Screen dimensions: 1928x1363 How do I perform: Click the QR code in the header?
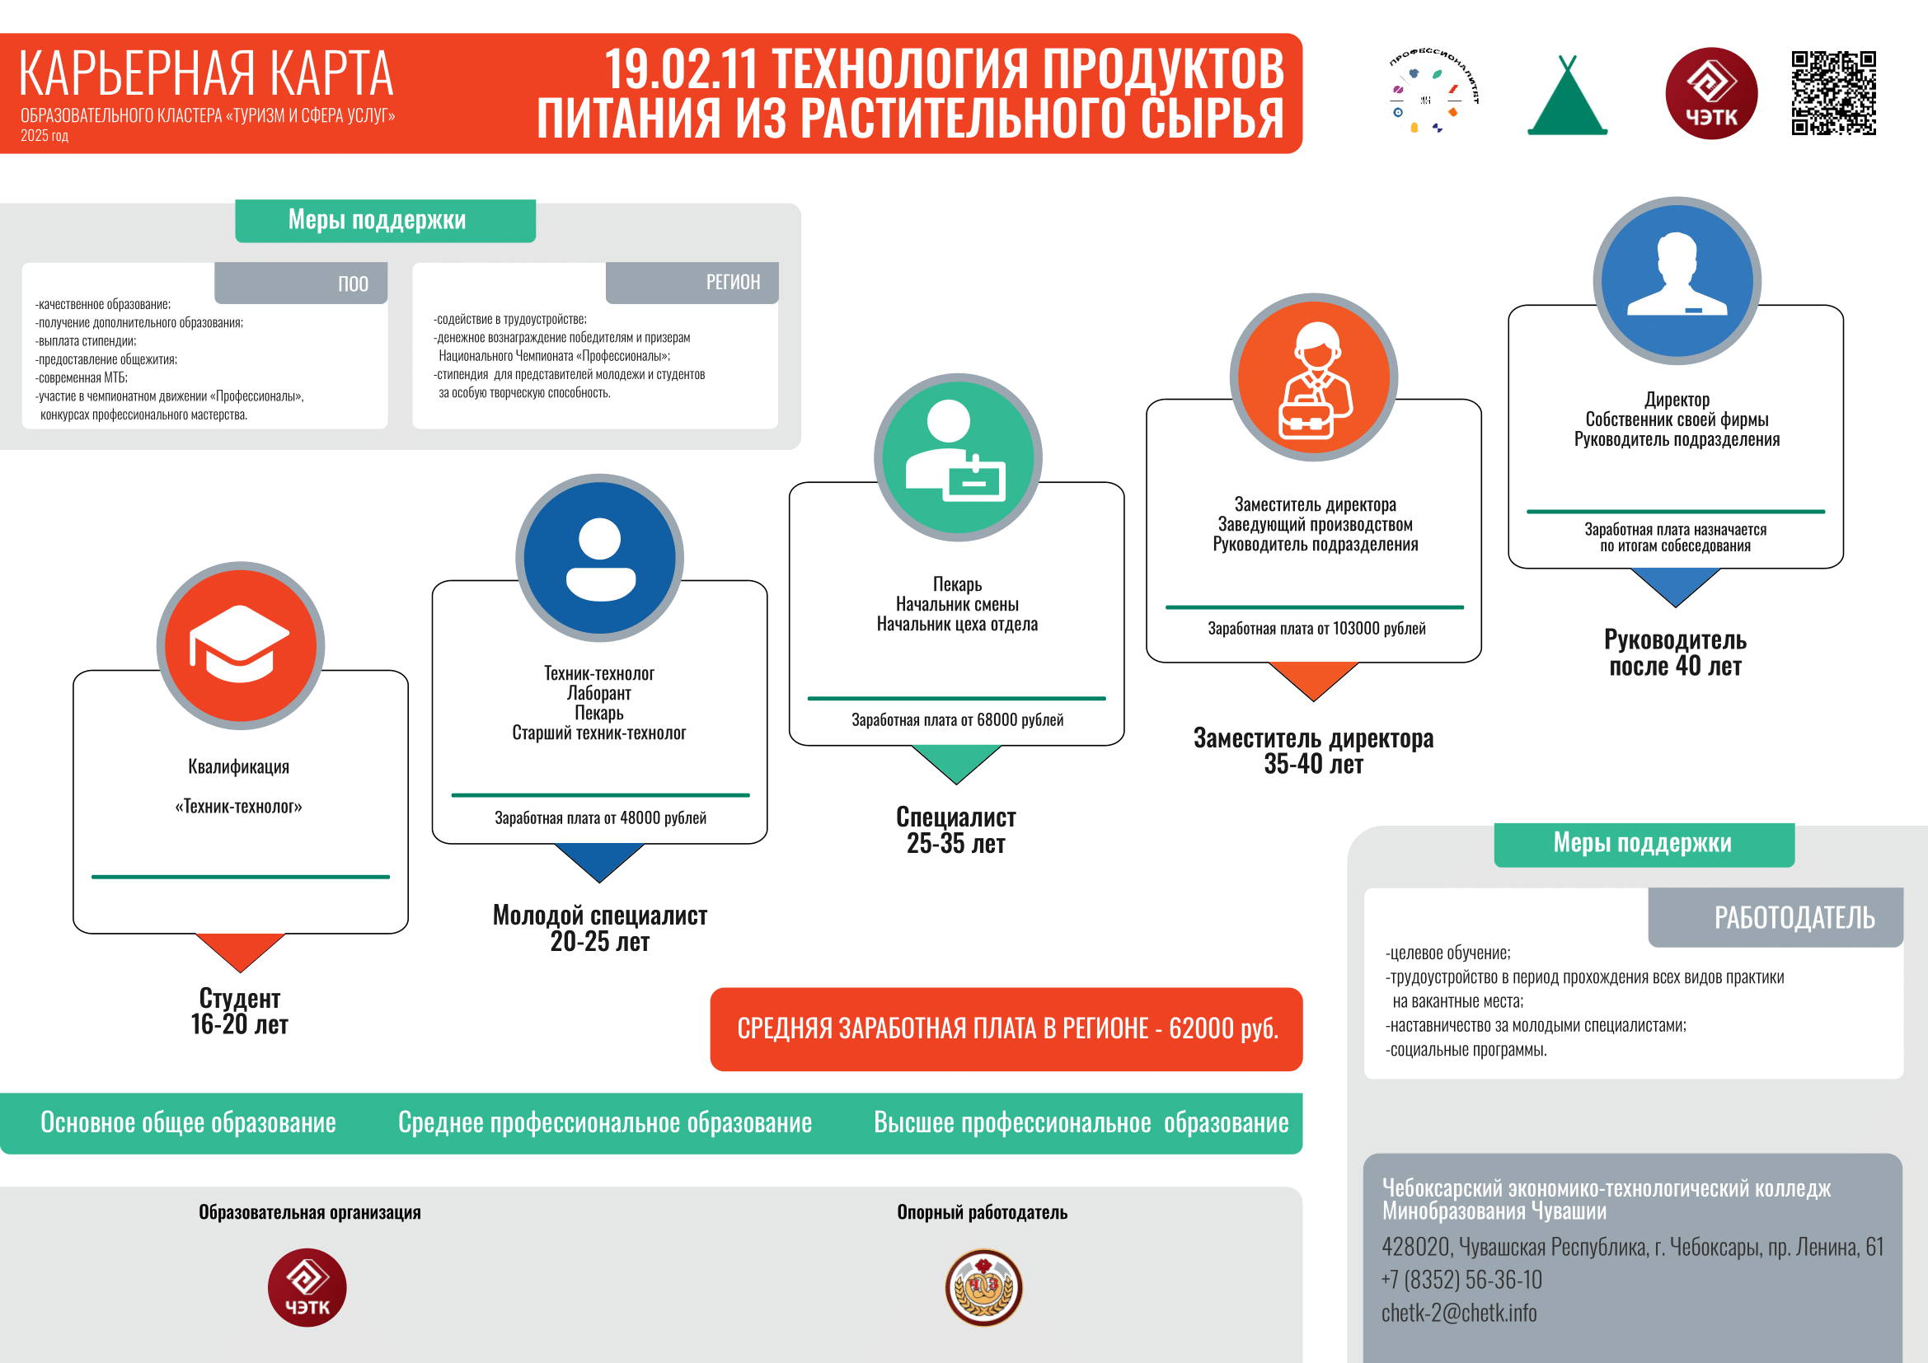point(1833,93)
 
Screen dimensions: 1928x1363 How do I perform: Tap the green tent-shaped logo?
point(1567,95)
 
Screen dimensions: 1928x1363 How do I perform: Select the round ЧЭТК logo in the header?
point(1710,93)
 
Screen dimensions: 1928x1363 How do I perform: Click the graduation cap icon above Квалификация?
point(240,644)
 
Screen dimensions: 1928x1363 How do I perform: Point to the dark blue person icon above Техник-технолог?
point(599,558)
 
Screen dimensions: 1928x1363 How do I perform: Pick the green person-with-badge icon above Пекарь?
point(956,452)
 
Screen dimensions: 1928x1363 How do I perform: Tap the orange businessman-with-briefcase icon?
point(1314,380)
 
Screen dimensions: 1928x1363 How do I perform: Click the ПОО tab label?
point(354,283)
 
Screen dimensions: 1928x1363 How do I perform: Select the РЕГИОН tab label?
point(733,282)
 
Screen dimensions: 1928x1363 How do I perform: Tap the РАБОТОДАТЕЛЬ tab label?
point(1794,917)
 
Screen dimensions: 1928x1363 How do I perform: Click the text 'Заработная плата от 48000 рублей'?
point(600,817)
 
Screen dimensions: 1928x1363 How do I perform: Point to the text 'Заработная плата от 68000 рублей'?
point(957,719)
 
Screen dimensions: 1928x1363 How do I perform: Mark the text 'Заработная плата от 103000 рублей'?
point(1316,628)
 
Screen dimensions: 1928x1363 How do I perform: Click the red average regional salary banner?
point(1006,1028)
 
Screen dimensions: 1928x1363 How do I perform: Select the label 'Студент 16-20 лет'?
point(239,1010)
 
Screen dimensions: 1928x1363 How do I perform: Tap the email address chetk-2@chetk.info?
point(1459,1312)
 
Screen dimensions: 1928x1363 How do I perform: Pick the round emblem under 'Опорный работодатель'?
point(983,1286)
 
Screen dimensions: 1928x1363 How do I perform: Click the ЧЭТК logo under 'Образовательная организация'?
point(307,1287)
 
